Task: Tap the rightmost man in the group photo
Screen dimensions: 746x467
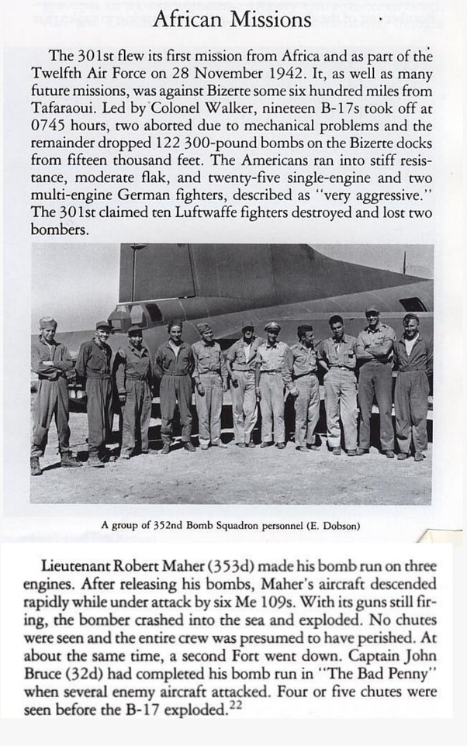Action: (411, 384)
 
